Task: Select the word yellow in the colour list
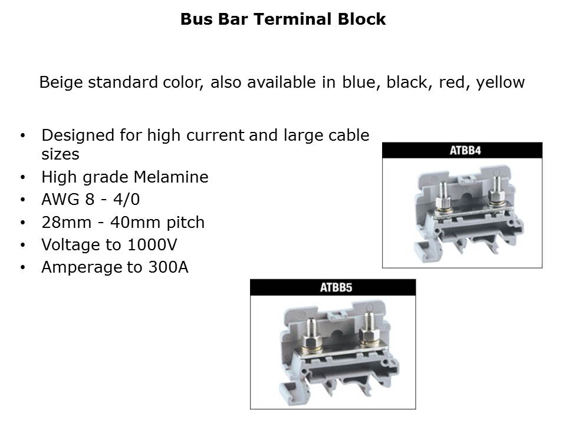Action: tap(501, 82)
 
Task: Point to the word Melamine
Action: tap(171, 177)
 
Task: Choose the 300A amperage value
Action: tap(168, 267)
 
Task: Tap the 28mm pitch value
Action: tap(67, 223)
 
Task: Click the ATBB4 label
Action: tap(465, 150)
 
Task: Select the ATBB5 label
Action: tap(335, 288)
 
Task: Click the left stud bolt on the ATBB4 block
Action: tap(443, 197)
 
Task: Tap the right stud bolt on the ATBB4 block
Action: tap(496, 191)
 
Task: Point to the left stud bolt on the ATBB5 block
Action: tap(312, 334)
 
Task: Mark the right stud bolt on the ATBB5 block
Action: tap(368, 330)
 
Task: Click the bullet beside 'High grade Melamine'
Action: tap(23, 177)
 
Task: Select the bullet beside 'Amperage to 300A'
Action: tap(23, 267)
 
